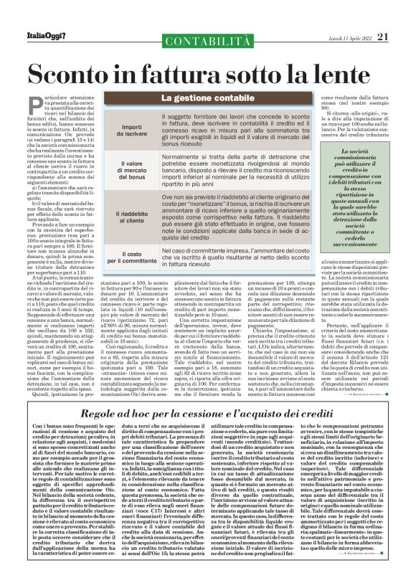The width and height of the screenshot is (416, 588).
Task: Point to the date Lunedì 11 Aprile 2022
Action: click(x=349, y=16)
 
